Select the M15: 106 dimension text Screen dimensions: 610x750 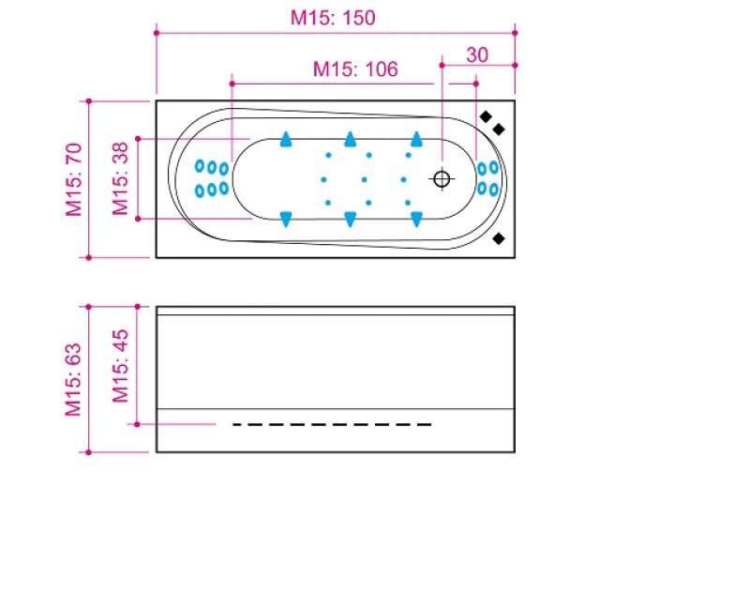click(x=355, y=69)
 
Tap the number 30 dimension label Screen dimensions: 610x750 click(x=477, y=54)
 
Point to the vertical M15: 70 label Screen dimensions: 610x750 click(x=74, y=178)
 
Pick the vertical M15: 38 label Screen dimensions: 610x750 click(x=120, y=178)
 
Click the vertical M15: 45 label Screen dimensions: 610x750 click(x=120, y=365)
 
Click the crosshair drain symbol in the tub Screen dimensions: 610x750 click(x=442, y=178)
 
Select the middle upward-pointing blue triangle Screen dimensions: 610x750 click(x=350, y=140)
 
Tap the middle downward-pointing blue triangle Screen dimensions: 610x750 click(x=350, y=219)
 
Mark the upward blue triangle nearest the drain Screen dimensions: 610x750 click(x=414, y=140)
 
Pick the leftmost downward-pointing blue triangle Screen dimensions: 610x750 click(x=286, y=219)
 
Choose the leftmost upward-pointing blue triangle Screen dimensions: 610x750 click(x=286, y=140)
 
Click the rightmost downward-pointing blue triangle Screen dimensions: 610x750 click(x=414, y=219)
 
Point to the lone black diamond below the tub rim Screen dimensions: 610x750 click(x=499, y=239)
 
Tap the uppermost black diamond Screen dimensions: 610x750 click(x=486, y=115)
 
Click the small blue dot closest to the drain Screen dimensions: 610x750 click(x=404, y=178)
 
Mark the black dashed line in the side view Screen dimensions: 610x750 click(x=332, y=425)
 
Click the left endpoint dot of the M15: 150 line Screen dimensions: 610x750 click(x=156, y=33)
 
